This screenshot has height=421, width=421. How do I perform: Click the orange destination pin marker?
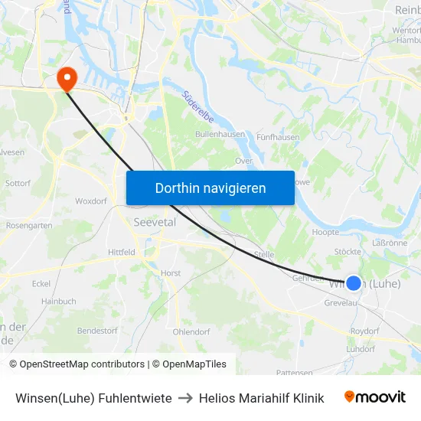coord(67,77)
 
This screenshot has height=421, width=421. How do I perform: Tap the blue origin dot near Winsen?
coord(353,283)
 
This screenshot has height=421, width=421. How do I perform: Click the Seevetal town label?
coord(155,221)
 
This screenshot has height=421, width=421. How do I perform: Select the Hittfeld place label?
coord(122,252)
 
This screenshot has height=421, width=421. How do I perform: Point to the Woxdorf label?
coord(91,201)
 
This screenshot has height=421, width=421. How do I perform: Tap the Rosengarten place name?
coord(29,226)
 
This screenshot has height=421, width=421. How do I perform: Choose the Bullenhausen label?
coord(220,134)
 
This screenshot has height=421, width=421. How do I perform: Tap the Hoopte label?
coord(326,232)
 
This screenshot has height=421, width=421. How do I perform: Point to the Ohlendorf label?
coord(191,332)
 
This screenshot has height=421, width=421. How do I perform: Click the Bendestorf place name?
coord(97,331)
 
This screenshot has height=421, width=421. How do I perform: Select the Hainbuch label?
coord(59,302)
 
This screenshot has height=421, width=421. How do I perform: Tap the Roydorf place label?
coord(364,331)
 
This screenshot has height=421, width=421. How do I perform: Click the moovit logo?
coord(375,397)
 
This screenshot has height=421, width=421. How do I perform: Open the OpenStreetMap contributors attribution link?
coord(82,364)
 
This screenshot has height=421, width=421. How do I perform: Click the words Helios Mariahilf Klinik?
coord(261,398)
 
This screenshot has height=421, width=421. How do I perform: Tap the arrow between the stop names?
coord(185,398)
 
